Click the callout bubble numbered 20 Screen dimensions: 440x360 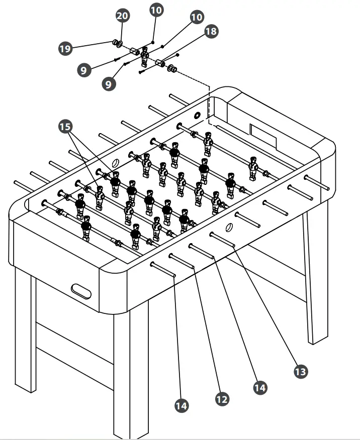pos(123,16)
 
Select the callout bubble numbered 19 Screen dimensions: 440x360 pos(65,48)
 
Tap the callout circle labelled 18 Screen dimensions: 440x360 pos(211,32)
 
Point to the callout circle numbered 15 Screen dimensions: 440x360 pos(65,127)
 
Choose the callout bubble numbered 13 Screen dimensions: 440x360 pos(300,371)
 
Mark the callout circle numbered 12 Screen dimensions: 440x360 pos(222,399)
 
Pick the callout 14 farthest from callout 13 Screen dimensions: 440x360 pos(182,405)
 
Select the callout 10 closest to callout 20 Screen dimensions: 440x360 pos(156,10)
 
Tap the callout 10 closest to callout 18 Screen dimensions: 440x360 pos(197,17)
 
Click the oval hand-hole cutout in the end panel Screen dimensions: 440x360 pos(82,290)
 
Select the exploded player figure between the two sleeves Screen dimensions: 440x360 pos(145,57)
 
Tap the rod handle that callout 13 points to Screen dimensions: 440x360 pos(223,239)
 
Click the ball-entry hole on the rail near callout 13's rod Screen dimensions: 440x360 pos(229,227)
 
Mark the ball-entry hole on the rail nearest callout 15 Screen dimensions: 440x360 pos(115,163)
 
